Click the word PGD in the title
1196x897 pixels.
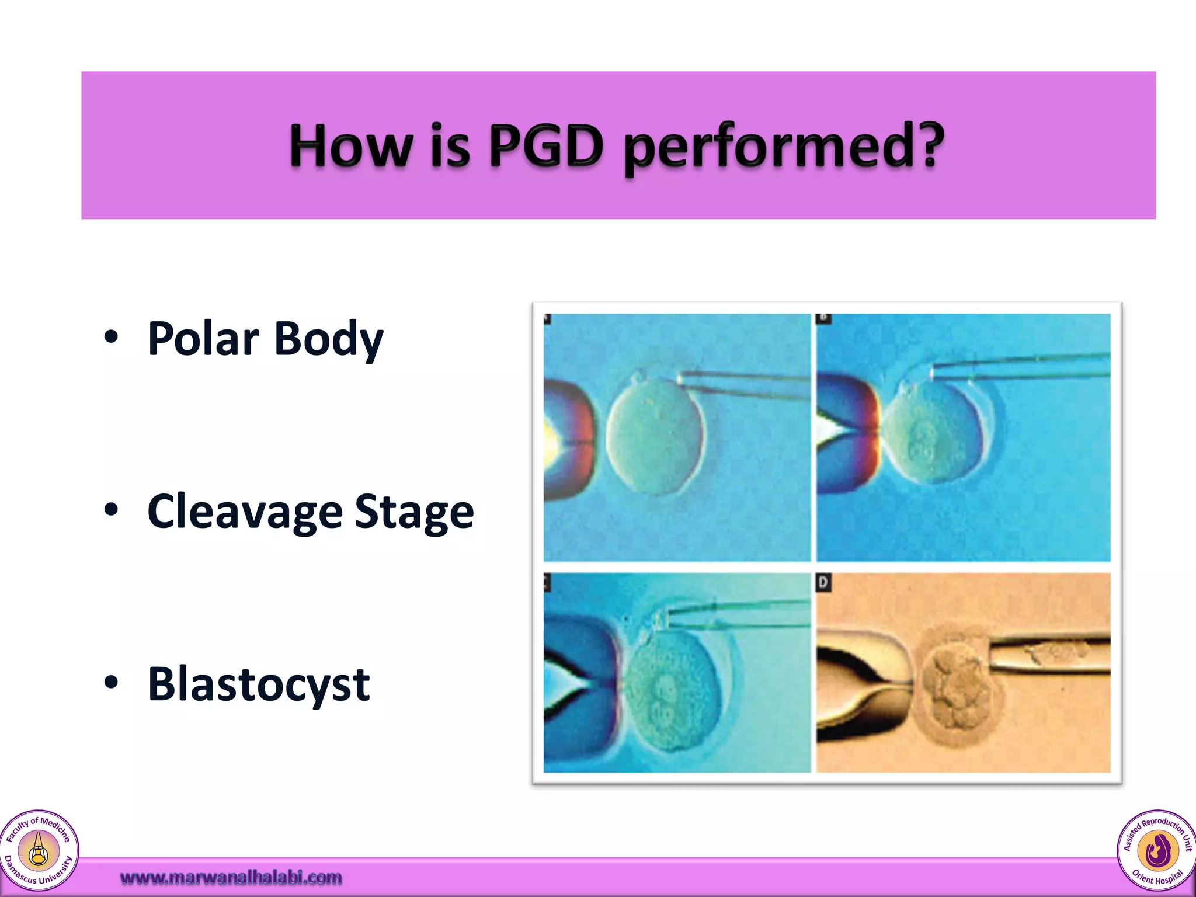pyautogui.click(x=546, y=145)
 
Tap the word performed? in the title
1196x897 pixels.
pyautogui.click(x=784, y=147)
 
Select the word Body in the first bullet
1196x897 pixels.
pyautogui.click(x=329, y=340)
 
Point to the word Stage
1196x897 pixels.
pyautogui.click(x=414, y=512)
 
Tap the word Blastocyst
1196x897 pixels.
pyautogui.click(x=259, y=684)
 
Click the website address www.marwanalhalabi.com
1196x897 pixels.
pyautogui.click(x=231, y=877)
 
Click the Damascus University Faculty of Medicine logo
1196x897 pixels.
pyautogui.click(x=39, y=850)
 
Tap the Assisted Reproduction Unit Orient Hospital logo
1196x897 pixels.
pyautogui.click(x=1156, y=850)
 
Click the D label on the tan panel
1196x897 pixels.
pyautogui.click(x=823, y=582)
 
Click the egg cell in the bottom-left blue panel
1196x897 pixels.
pyautogui.click(x=672, y=689)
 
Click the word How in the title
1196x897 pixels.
pyautogui.click(x=350, y=145)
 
